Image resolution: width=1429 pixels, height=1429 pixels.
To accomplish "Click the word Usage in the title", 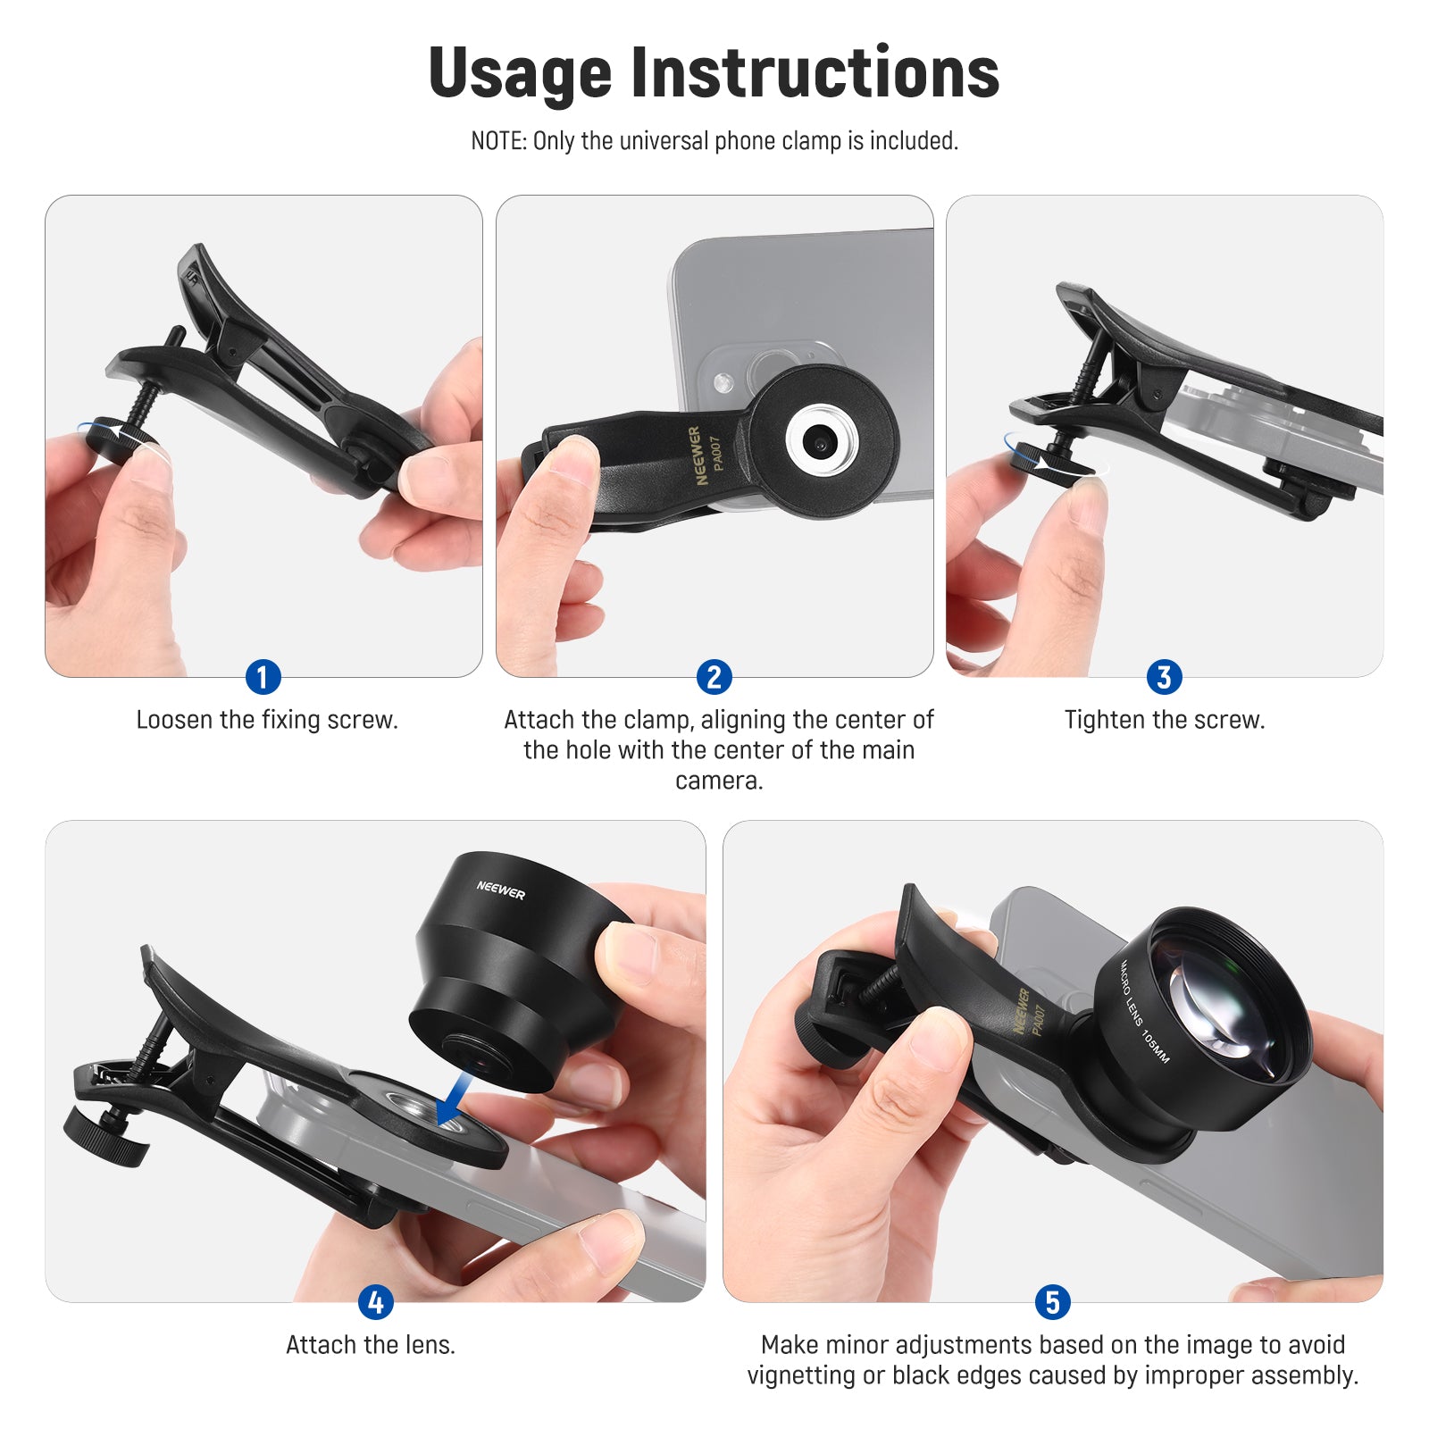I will tap(520, 73).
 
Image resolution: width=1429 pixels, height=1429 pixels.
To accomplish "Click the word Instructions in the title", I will tap(815, 73).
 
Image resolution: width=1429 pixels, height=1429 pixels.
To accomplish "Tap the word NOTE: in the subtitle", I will tap(498, 141).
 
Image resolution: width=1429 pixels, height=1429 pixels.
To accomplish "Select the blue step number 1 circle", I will tap(263, 677).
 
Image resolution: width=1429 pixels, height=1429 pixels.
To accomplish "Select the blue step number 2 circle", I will tap(714, 677).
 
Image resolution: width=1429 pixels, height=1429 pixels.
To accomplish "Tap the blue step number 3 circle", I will tap(1164, 677).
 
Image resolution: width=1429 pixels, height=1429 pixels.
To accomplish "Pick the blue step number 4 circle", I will tap(375, 1302).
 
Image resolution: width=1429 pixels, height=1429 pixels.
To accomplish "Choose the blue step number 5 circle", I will tap(1052, 1302).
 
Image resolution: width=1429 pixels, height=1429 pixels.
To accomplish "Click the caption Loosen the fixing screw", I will tap(266, 720).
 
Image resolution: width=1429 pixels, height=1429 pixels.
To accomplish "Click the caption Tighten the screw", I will tap(1164, 720).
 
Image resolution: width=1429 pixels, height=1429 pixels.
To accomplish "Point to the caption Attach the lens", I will tap(371, 1345).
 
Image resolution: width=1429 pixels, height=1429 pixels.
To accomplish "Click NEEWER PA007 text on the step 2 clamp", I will tap(705, 455).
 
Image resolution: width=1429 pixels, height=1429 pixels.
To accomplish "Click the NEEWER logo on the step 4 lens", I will tap(500, 890).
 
